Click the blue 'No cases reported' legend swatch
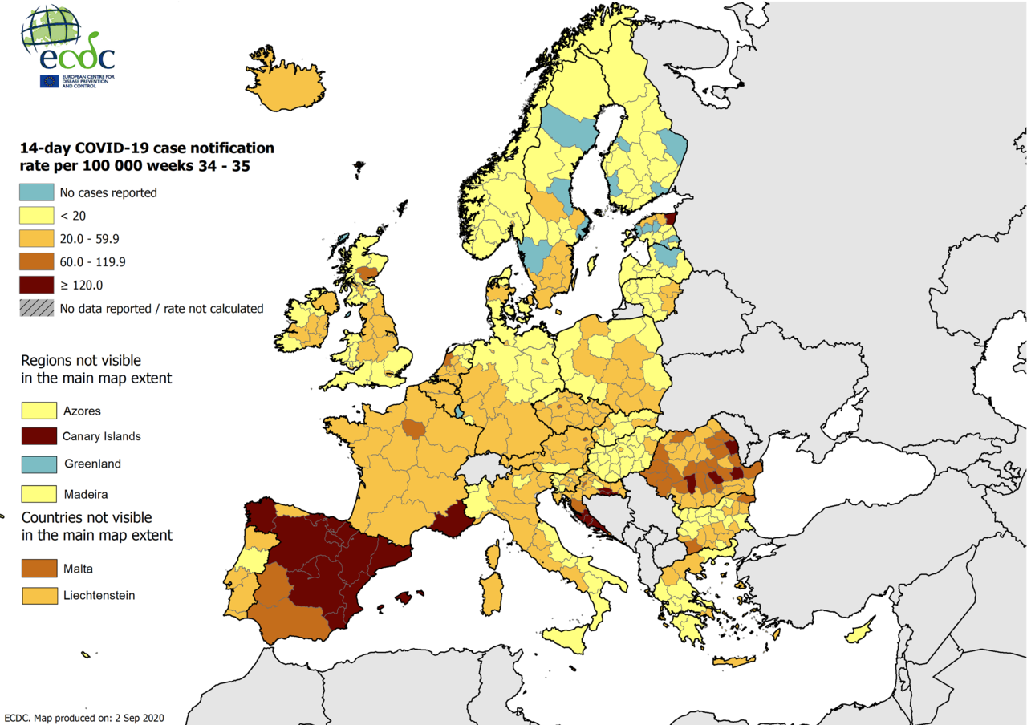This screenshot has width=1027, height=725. [38, 192]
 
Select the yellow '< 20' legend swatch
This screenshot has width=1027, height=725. [38, 216]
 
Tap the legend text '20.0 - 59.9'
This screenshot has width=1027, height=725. [89, 239]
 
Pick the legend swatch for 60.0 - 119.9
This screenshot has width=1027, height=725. [38, 261]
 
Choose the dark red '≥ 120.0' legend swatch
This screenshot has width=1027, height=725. [38, 285]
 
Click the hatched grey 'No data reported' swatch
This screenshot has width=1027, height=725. [38, 308]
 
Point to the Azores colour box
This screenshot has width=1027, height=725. [39, 411]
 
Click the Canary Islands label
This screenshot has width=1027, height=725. [102, 436]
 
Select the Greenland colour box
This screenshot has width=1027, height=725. [39, 464]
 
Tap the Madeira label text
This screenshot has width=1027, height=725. [84, 493]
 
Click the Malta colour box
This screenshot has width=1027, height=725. [39, 569]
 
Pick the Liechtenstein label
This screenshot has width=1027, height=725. [99, 595]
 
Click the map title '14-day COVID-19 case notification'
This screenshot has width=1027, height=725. [147, 148]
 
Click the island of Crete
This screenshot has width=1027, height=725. [734, 662]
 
